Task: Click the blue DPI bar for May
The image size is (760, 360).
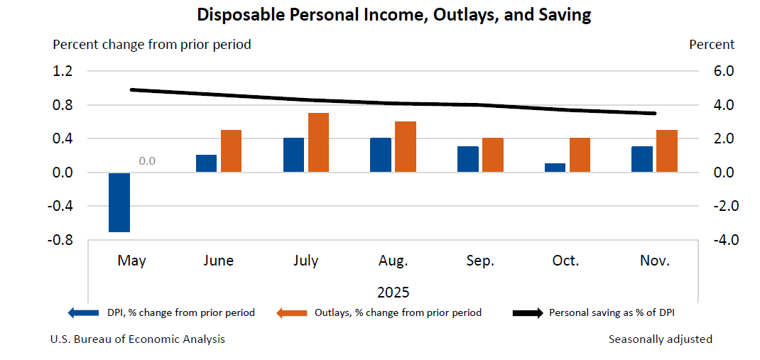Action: pyautogui.click(x=119, y=202)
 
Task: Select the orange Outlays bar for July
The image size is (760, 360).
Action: pyautogui.click(x=318, y=143)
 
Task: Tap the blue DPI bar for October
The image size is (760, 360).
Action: pyautogui.click(x=555, y=168)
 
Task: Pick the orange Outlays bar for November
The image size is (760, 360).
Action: pyautogui.click(x=666, y=151)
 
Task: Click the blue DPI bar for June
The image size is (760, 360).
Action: pyautogui.click(x=207, y=163)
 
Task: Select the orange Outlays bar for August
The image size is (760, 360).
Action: pyautogui.click(x=406, y=147)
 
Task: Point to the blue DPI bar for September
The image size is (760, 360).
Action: pyautogui.click(x=467, y=159)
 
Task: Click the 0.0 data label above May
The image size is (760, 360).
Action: pyautogui.click(x=147, y=161)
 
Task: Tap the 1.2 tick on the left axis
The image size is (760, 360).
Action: pyautogui.click(x=63, y=71)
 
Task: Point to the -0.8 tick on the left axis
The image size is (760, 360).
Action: pyautogui.click(x=62, y=240)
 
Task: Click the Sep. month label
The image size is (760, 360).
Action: pyautogui.click(x=480, y=261)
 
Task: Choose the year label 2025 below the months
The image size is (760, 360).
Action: pyautogui.click(x=393, y=292)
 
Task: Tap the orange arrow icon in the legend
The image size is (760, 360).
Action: pyautogui.click(x=292, y=312)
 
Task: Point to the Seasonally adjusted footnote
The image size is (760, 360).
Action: pyautogui.click(x=660, y=339)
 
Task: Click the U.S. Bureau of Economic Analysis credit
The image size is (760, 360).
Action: pyautogui.click(x=137, y=339)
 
